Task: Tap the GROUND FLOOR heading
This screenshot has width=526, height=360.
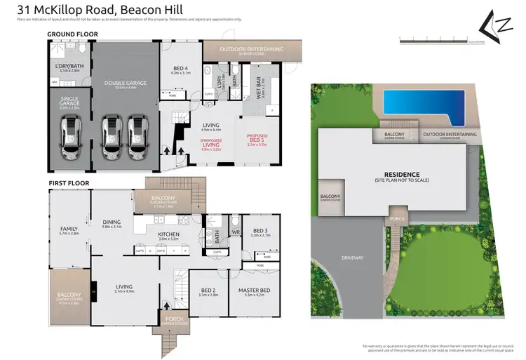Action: pos(72,34)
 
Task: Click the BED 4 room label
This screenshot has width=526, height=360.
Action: pos(180,69)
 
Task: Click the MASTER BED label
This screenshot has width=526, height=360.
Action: pos(257,291)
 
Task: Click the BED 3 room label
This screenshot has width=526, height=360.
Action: pos(260,230)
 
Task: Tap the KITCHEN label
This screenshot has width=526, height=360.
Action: pos(168,234)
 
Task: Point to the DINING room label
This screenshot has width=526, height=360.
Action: pos(112,222)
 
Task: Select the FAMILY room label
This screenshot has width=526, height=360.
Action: pos(69,229)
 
